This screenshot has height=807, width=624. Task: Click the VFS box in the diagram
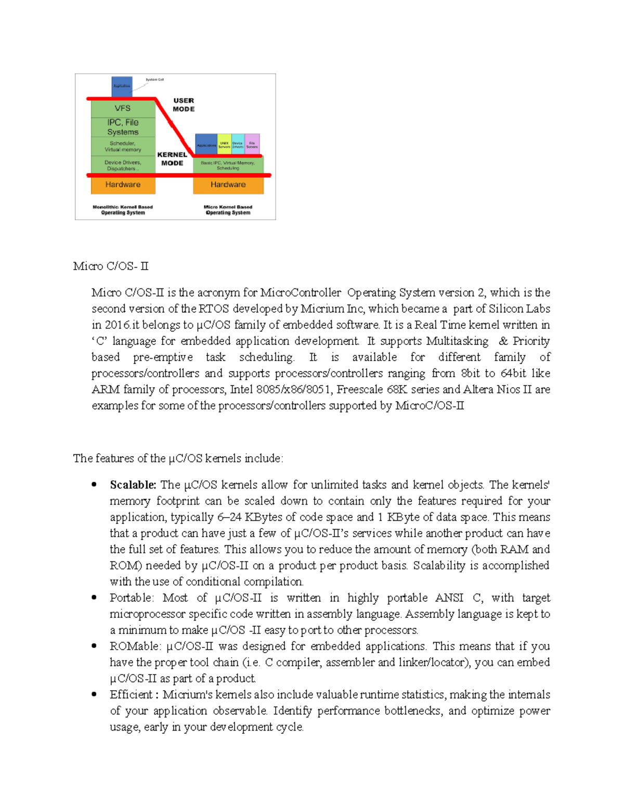(123, 108)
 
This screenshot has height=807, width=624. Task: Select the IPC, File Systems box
(123, 127)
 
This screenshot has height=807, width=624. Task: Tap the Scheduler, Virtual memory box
(123, 146)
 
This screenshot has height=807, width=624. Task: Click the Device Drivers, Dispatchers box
(123, 165)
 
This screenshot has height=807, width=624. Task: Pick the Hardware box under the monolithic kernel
(123, 184)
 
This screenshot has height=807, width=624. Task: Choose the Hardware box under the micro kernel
(228, 184)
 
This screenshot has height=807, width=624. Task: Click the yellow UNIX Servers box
(224, 144)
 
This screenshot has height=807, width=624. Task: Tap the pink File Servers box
(252, 144)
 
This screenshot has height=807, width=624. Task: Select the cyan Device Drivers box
(238, 144)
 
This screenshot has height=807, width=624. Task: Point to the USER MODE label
(184, 104)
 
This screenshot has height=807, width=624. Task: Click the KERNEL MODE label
(172, 158)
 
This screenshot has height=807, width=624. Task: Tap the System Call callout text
(154, 80)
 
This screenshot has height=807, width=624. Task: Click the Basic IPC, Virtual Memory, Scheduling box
(228, 165)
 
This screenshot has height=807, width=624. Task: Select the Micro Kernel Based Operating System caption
(228, 209)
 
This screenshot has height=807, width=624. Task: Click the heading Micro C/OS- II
(111, 266)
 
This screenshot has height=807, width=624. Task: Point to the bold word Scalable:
(133, 485)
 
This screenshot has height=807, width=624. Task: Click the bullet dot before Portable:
(94, 598)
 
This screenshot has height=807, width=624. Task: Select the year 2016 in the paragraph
(118, 325)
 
